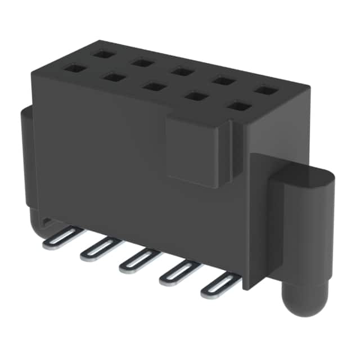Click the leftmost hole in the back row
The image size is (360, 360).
click(x=103, y=54)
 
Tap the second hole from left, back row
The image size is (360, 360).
click(x=143, y=62)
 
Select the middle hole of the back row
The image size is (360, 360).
click(x=182, y=71)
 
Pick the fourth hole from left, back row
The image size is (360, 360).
click(x=224, y=80)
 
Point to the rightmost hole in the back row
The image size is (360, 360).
click(x=266, y=90)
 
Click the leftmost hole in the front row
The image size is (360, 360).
click(x=74, y=69)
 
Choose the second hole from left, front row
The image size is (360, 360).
click(x=114, y=77)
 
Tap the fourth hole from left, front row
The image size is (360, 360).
click(x=196, y=96)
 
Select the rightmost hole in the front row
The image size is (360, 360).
click(x=239, y=106)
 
